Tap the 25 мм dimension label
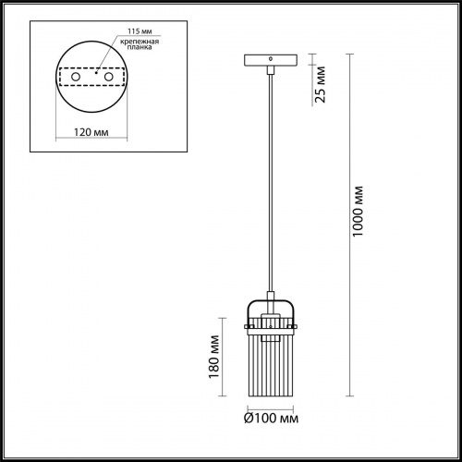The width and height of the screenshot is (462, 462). pyautogui.click(x=320, y=85)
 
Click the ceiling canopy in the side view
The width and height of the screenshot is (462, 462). pyautogui.click(x=270, y=62)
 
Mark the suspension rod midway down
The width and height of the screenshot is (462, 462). pyautogui.click(x=270, y=185)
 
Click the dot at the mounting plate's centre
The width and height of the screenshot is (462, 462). pyautogui.click(x=95, y=69)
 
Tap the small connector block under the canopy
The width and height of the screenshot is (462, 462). pyautogui.click(x=270, y=71)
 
